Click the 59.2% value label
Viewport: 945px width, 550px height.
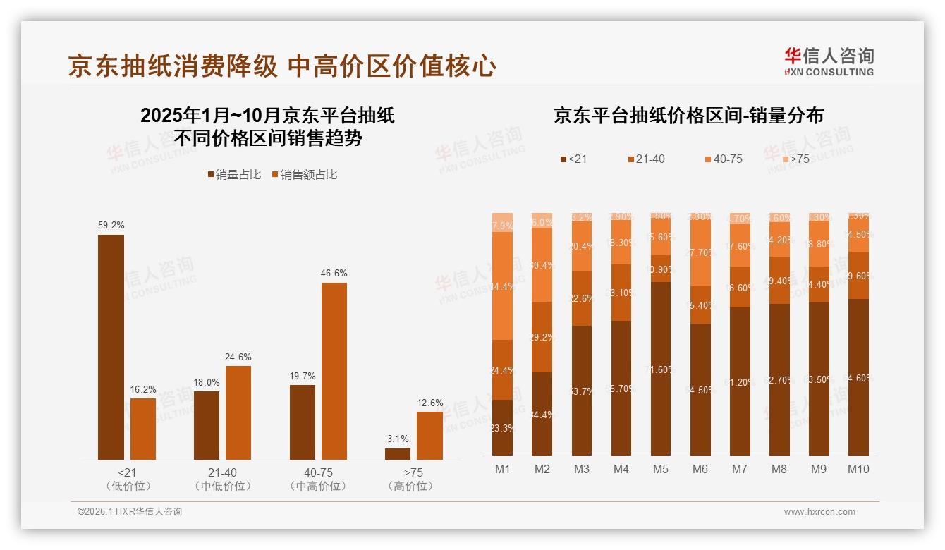point(111,226)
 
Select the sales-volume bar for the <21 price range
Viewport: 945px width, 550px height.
point(111,347)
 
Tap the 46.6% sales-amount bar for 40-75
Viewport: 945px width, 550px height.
point(334,371)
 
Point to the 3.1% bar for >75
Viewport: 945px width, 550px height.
point(398,454)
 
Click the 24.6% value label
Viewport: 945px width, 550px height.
point(238,357)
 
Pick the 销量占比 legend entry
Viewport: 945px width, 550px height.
point(234,175)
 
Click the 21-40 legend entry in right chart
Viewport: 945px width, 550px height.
point(645,159)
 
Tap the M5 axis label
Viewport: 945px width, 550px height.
point(660,469)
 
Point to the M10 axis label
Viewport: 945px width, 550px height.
point(858,469)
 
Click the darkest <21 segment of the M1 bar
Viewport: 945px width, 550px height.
point(502,427)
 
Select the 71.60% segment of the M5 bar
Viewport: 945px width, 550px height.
point(660,368)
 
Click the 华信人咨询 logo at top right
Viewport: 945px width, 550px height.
point(829,61)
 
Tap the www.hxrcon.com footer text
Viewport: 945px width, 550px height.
point(819,512)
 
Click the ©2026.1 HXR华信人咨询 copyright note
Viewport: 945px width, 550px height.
point(129,512)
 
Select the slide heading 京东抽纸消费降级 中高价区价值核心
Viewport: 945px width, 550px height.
point(282,66)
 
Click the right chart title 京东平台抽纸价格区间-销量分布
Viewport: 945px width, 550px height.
point(688,116)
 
